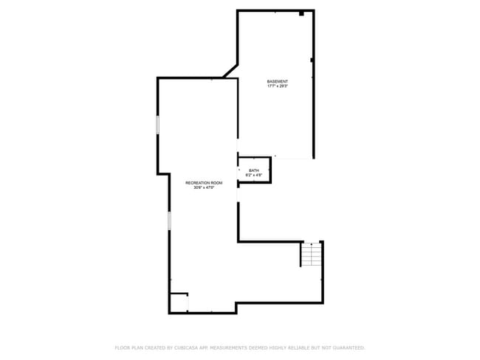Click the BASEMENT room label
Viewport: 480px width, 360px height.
[278, 81]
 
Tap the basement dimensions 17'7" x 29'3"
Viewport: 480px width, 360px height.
[278, 86]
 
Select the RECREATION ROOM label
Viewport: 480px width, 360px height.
[204, 182]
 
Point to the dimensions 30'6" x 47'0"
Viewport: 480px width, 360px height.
[204, 187]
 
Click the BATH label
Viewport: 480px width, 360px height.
[254, 170]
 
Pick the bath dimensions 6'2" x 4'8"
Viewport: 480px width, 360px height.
[254, 176]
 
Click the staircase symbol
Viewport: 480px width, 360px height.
[312, 255]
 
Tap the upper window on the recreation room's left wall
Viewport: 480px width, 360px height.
[158, 125]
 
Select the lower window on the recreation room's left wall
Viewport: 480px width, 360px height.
[170, 220]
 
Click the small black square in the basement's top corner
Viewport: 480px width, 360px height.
[301, 13]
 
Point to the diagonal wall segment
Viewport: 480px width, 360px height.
[230, 70]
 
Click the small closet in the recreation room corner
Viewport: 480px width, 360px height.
[179, 303]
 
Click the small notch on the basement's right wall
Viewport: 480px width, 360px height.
[312, 60]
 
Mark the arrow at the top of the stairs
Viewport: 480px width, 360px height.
[312, 244]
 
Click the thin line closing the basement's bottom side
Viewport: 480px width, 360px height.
[293, 157]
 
